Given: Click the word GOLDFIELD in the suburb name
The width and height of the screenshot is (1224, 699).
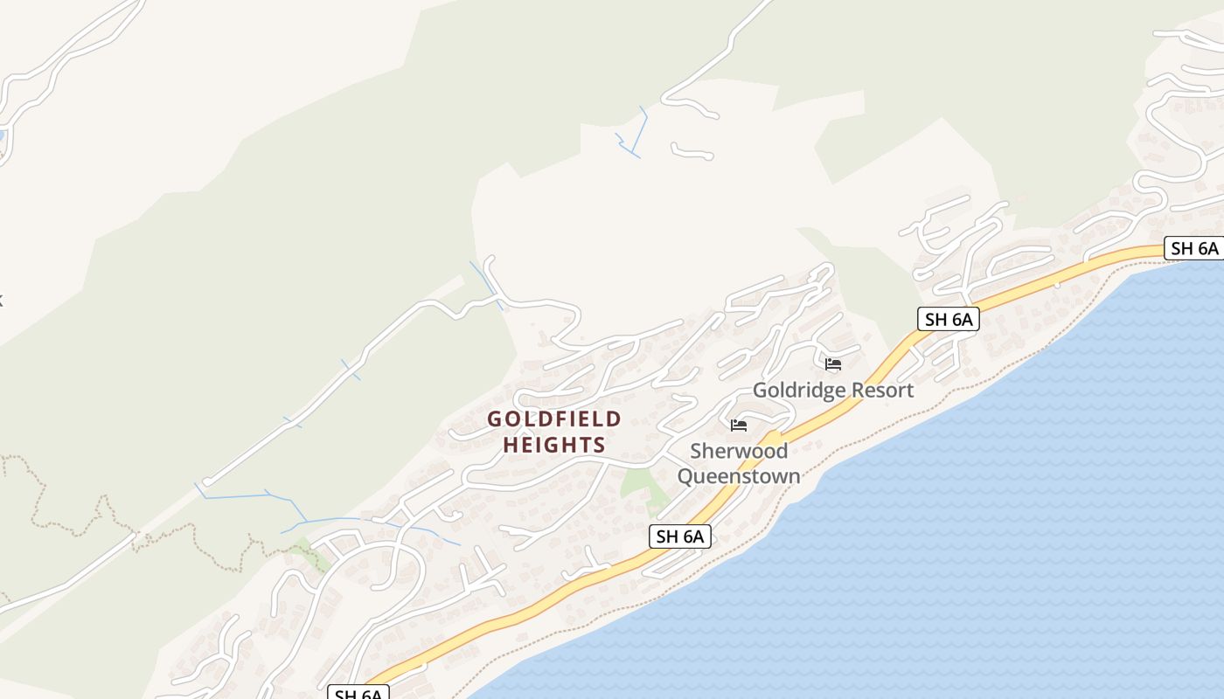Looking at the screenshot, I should pos(553,419).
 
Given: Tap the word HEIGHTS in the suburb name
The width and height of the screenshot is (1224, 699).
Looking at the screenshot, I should pos(553,445).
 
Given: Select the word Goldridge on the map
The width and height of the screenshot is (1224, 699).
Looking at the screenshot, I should pos(794,391).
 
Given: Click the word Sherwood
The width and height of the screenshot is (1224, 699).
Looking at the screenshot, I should pos(739,452).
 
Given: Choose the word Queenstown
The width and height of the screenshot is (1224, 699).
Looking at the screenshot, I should pos(739,476).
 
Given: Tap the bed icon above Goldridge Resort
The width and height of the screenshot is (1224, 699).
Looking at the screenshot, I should pos(833,364).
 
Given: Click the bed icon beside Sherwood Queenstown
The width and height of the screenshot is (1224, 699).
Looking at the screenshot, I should pos(739,426).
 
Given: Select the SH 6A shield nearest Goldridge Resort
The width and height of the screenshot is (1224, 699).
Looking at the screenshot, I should pos(949,319).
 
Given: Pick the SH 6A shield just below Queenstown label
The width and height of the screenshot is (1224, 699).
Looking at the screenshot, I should pos(680,536).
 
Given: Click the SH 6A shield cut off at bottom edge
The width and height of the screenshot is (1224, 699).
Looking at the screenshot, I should pos(358,694).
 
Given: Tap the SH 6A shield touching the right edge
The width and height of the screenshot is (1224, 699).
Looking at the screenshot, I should pos(1194,248).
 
